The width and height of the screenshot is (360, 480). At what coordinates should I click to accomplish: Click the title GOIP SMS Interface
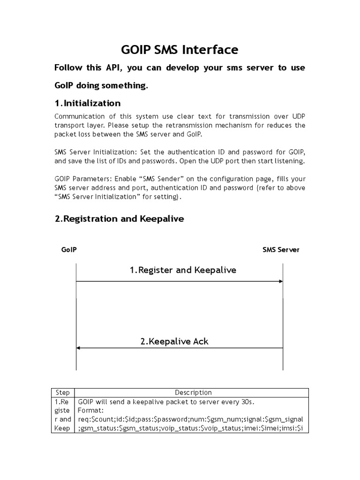[180, 50]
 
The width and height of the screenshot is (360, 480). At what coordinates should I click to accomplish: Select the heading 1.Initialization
[88, 103]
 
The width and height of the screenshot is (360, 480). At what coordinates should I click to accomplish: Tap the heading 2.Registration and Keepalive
[120, 219]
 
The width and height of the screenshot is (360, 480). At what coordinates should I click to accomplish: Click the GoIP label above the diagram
[69, 250]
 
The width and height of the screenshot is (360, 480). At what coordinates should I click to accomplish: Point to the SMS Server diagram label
[281, 250]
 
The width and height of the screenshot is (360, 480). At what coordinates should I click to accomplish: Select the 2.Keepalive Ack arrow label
[174, 341]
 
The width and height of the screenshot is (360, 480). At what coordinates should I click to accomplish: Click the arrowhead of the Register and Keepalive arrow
[280, 281]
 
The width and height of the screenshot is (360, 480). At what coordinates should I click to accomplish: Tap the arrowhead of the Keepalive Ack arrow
[79, 348]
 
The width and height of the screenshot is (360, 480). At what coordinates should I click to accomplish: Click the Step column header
[62, 392]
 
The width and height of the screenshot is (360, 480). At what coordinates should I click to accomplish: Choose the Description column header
[193, 392]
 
